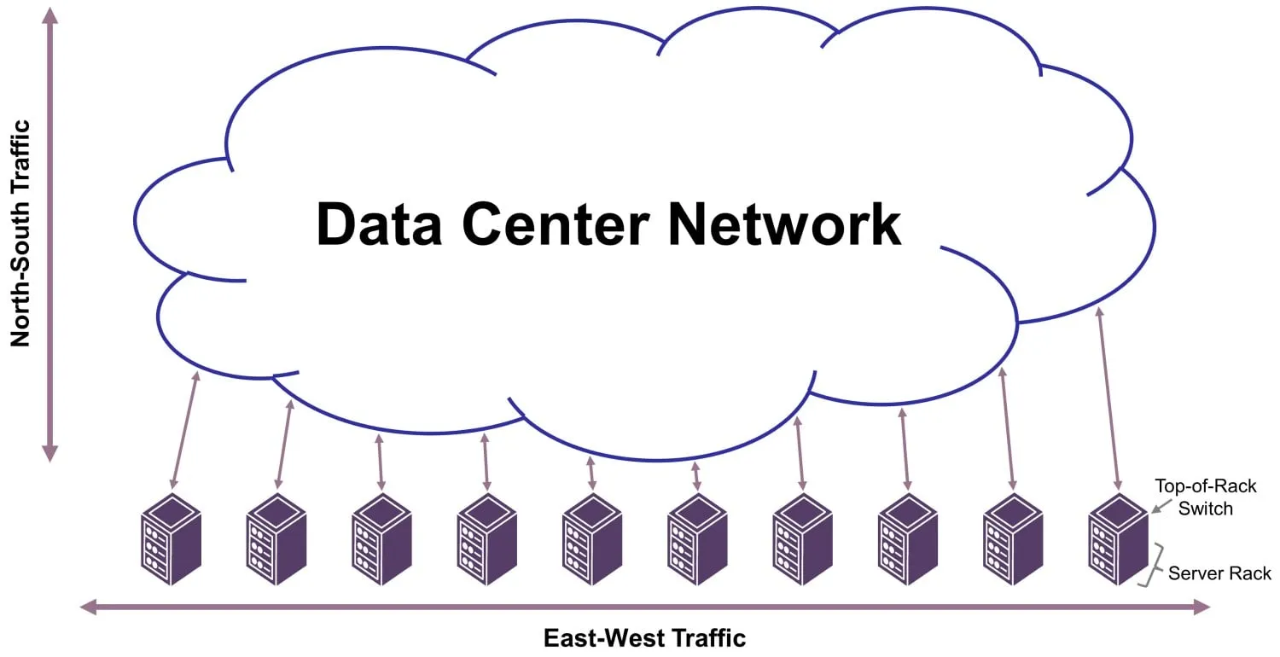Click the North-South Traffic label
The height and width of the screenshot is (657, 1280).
[x=20, y=233]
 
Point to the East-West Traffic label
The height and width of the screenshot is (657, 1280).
[x=644, y=638]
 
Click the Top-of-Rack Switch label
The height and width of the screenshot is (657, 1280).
[x=1205, y=497]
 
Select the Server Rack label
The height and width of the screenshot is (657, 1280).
[x=1219, y=573]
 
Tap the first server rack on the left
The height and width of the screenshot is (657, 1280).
[x=171, y=538]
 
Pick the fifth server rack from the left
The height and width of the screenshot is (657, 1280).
[x=592, y=538]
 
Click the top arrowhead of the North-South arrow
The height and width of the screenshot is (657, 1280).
[x=50, y=15]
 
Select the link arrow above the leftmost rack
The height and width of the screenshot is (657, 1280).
[x=185, y=429]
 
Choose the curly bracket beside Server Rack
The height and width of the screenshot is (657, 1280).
[x=1155, y=564]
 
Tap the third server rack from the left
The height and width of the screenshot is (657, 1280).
[x=381, y=538]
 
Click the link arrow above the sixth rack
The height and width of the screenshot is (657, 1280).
[x=696, y=476]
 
